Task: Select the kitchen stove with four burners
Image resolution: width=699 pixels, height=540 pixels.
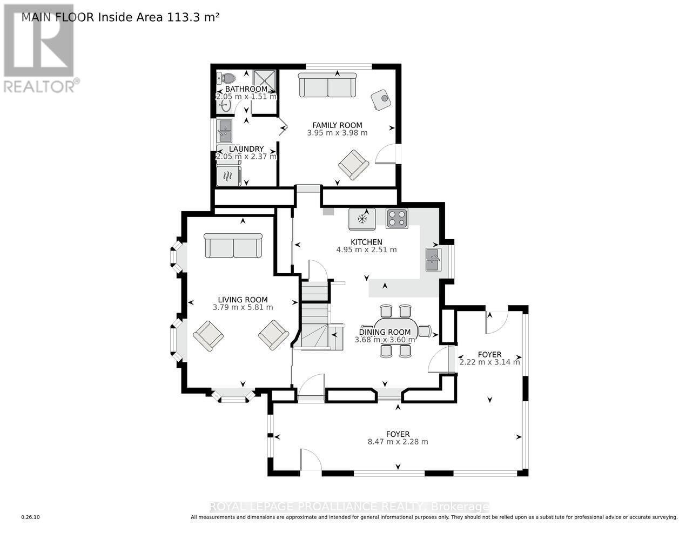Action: tap(397, 219)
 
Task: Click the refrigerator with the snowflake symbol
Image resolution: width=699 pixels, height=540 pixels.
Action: tap(362, 219)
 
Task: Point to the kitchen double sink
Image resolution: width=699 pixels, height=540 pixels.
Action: tap(433, 259)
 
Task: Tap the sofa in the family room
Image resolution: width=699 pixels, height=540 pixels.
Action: tap(327, 85)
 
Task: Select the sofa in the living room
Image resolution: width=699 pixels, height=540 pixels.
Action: tap(233, 246)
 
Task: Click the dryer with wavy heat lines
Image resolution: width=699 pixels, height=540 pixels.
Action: tap(228, 176)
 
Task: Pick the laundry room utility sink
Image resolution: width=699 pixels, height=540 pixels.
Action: tap(225, 131)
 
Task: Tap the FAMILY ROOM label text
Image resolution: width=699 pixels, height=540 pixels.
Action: tap(337, 125)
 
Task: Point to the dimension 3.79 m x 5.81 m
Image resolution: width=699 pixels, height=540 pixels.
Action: tap(243, 307)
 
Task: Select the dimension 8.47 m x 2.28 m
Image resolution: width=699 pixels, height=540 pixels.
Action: tap(398, 442)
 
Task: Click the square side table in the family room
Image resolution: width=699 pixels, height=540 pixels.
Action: tap(380, 99)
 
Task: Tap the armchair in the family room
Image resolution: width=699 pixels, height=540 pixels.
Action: tap(353, 165)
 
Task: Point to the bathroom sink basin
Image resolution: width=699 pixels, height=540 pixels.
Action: tap(225, 105)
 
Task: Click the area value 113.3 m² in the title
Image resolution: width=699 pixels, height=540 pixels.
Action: tap(193, 17)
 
